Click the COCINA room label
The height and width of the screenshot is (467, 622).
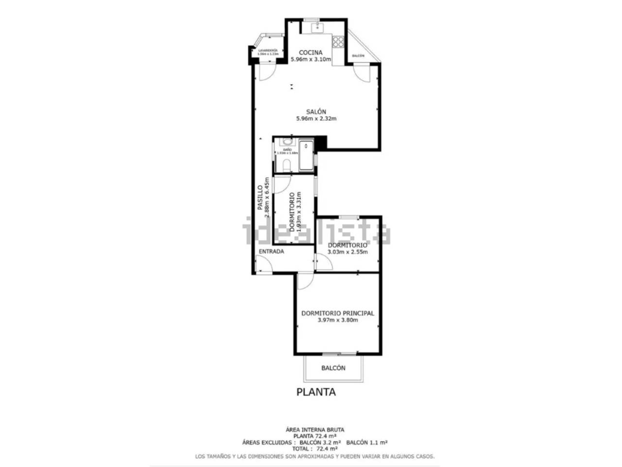point(311,53)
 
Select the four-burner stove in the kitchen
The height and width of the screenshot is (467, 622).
point(338,41)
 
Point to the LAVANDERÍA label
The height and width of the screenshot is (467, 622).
point(268,51)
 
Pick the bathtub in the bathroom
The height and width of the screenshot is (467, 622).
point(306,155)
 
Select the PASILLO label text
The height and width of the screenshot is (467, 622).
point(260,193)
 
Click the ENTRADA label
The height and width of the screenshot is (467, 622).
point(271,251)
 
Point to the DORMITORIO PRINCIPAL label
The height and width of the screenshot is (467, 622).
point(338,313)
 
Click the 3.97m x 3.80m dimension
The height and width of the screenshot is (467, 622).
point(338,320)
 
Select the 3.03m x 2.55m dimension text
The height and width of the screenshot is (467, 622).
point(347,252)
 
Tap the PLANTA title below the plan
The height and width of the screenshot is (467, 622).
point(316,392)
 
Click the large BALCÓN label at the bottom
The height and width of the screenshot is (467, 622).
point(333,368)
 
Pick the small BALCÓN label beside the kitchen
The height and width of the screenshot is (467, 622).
point(358,56)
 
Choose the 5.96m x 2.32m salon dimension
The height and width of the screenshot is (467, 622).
point(316,118)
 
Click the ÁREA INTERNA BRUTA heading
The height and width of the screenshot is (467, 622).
point(315,430)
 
